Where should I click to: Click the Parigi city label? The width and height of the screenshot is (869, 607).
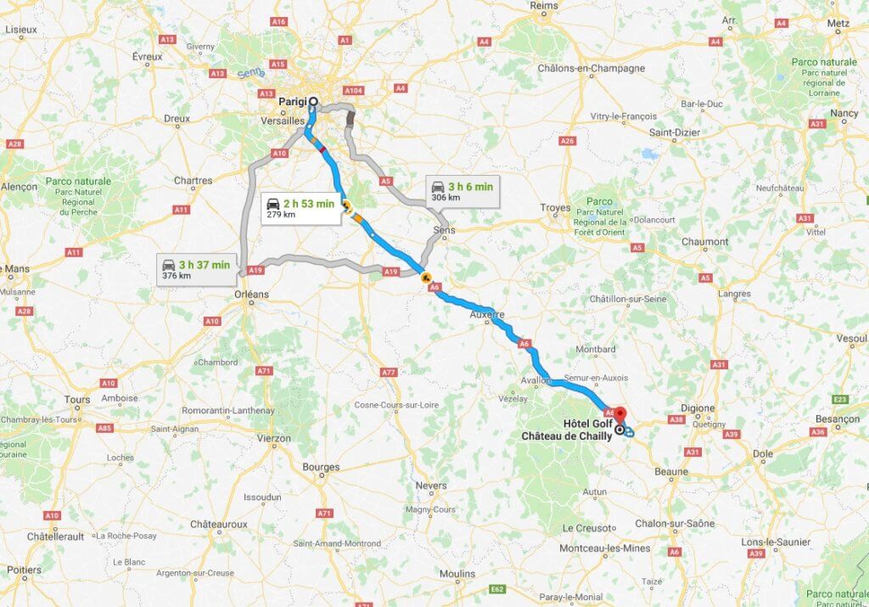(292, 103)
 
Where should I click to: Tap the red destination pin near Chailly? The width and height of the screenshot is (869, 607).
(620, 414)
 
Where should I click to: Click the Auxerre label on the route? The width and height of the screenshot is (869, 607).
(487, 314)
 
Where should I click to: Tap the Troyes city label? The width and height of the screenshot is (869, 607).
(556, 207)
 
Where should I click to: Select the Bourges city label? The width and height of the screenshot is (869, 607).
(320, 467)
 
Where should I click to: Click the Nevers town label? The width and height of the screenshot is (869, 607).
(431, 486)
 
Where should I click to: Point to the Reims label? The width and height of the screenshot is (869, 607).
(544, 5)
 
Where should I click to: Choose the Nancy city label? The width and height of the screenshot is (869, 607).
(844, 113)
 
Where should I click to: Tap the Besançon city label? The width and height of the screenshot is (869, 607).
(837, 419)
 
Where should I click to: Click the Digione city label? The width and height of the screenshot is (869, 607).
(698, 407)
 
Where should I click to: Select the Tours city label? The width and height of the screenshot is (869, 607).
(77, 399)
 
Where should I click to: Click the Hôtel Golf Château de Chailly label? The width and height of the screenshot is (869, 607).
(567, 430)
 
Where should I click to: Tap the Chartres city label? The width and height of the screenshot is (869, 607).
(193, 180)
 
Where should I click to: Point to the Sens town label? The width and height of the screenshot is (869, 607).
(443, 230)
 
